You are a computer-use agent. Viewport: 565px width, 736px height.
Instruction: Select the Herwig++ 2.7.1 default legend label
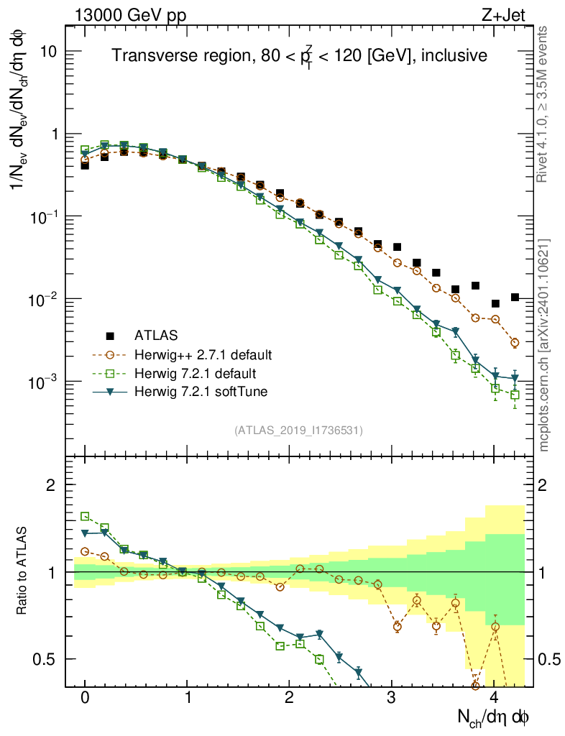[x=203, y=354]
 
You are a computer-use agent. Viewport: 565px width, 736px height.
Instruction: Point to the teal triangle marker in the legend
[x=111, y=392]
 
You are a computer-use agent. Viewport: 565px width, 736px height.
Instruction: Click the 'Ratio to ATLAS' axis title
[x=23, y=571]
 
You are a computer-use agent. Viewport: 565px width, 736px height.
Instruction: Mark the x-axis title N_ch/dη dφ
[x=494, y=717]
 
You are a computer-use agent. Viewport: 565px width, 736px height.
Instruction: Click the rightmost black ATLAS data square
[x=515, y=297]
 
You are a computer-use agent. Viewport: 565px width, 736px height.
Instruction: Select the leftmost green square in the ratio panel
[x=85, y=516]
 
